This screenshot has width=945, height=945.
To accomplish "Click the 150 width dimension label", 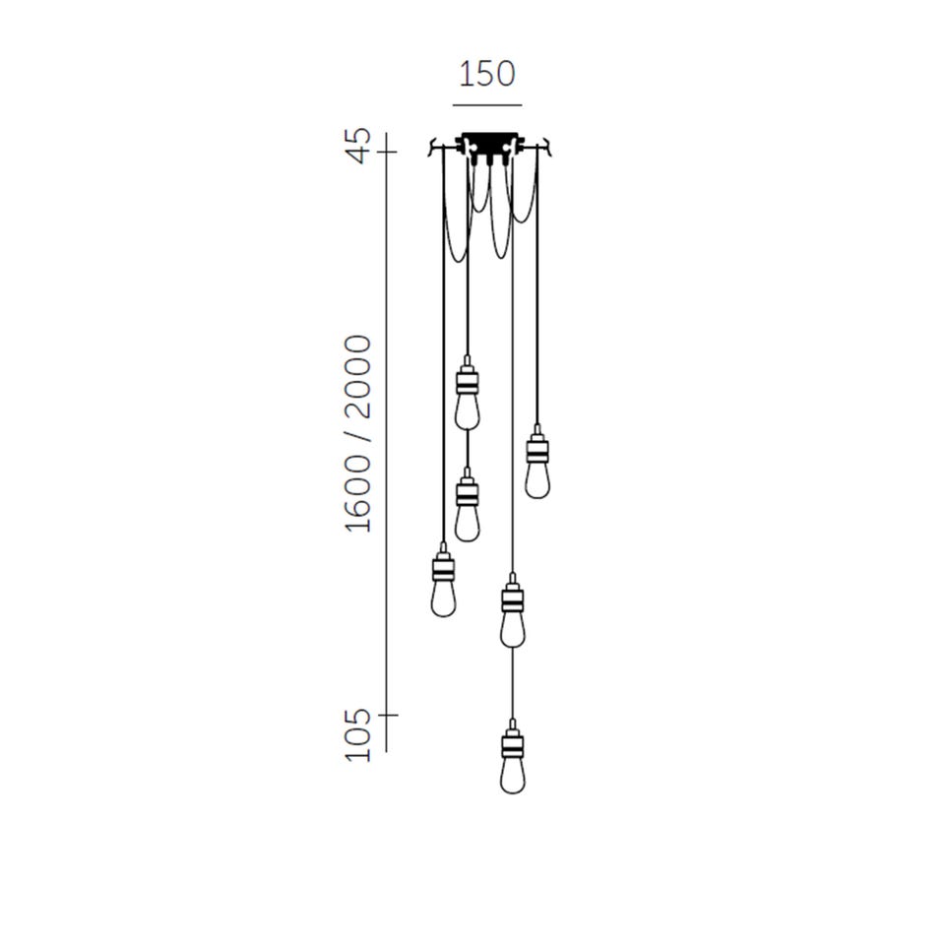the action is pyautogui.click(x=487, y=74).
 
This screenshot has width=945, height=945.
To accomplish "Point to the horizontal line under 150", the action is pyautogui.click(x=487, y=105).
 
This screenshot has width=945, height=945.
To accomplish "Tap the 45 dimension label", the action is pyautogui.click(x=358, y=146).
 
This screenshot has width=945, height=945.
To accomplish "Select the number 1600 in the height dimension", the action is pyautogui.click(x=358, y=493).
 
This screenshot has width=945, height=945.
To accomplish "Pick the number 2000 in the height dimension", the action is pyautogui.click(x=358, y=377).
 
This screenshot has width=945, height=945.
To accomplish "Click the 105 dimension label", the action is pyautogui.click(x=358, y=735).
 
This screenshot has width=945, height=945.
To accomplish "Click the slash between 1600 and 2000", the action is pyautogui.click(x=358, y=436).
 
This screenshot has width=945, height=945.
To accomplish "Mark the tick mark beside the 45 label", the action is pyautogui.click(x=386, y=152).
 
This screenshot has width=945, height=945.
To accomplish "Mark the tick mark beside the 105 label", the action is pyautogui.click(x=388, y=715).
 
